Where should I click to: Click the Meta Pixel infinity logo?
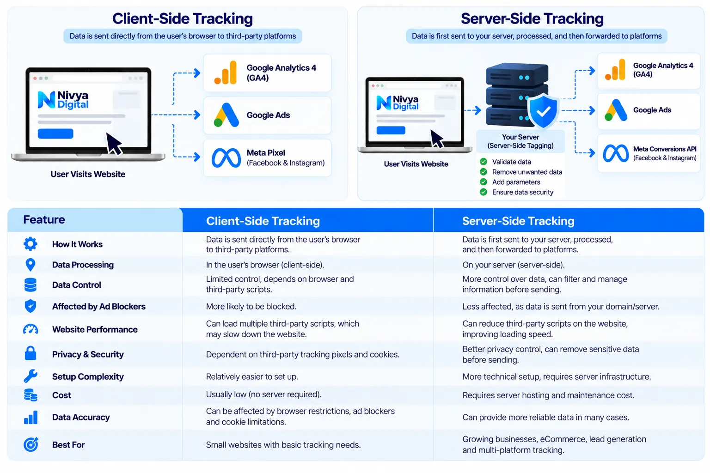pyautogui.click(x=226, y=158)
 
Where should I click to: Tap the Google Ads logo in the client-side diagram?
pyautogui.click(x=226, y=115)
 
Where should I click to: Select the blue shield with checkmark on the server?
pyautogui.click(x=543, y=110)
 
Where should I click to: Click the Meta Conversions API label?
pyautogui.click(x=665, y=149)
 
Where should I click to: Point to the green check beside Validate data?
pyautogui.click(x=484, y=162)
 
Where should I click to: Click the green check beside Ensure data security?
pyautogui.click(x=484, y=192)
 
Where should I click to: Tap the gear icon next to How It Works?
pyautogui.click(x=31, y=244)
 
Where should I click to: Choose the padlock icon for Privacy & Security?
pyautogui.click(x=31, y=353)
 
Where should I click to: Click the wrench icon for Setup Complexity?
pyautogui.click(x=31, y=376)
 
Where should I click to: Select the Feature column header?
pyautogui.click(x=44, y=219)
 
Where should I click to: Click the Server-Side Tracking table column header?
pyautogui.click(x=518, y=221)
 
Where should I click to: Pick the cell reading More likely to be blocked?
pyautogui.click(x=251, y=306)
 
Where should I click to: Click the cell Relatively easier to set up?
pyautogui.click(x=252, y=376)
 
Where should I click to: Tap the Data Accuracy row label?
pyautogui.click(x=81, y=417)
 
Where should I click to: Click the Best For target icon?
pyautogui.click(x=31, y=444)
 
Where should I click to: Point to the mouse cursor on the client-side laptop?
pyautogui.click(x=114, y=144)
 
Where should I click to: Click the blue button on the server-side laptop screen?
pyautogui.click(x=391, y=130)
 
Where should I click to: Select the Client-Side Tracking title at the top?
pyautogui.click(x=183, y=18)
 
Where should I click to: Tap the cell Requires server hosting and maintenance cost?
pyautogui.click(x=548, y=395)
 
